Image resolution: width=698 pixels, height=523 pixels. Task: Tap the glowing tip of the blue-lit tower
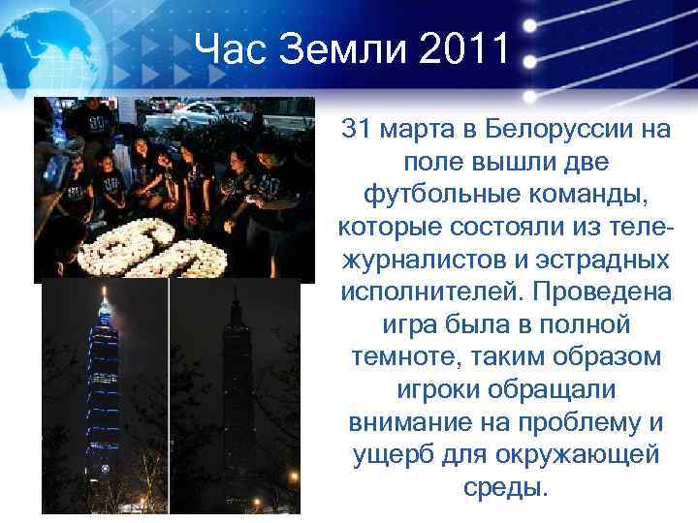pos(105,293)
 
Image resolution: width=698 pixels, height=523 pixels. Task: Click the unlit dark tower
pos(236,387)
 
